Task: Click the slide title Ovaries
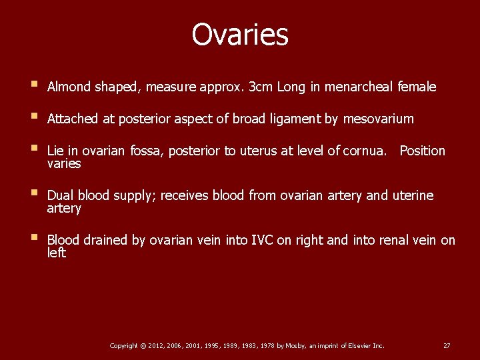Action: [x=240, y=35]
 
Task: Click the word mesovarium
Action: [x=378, y=119]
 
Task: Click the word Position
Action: [x=422, y=151]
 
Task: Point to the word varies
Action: [x=64, y=163]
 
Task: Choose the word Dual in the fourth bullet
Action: [x=61, y=195]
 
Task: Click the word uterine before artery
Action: [x=412, y=195]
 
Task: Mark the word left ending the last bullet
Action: [x=57, y=253]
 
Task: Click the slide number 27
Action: [x=447, y=345]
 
